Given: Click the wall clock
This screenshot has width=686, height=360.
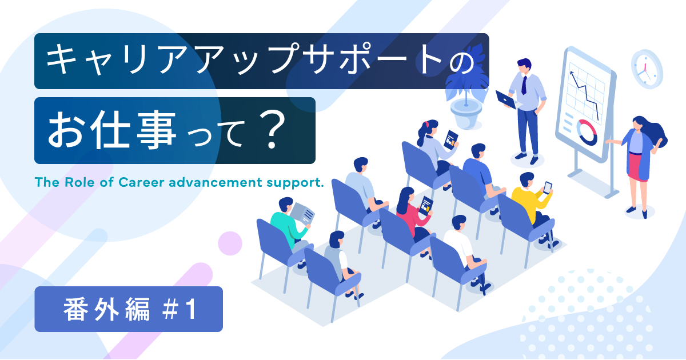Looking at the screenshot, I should (x=647, y=69).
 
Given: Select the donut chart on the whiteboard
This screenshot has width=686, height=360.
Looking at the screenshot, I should (x=587, y=132).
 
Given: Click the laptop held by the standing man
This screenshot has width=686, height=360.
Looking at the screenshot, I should (x=505, y=99).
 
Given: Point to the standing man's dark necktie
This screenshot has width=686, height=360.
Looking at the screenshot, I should (x=524, y=84).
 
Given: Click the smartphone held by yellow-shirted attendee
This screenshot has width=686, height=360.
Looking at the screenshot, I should (x=548, y=187).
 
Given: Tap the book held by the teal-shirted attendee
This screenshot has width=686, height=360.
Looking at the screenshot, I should (x=304, y=214).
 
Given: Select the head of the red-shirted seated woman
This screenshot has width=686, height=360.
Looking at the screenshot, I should (x=405, y=196).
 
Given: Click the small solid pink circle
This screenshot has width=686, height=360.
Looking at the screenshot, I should (x=230, y=243).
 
